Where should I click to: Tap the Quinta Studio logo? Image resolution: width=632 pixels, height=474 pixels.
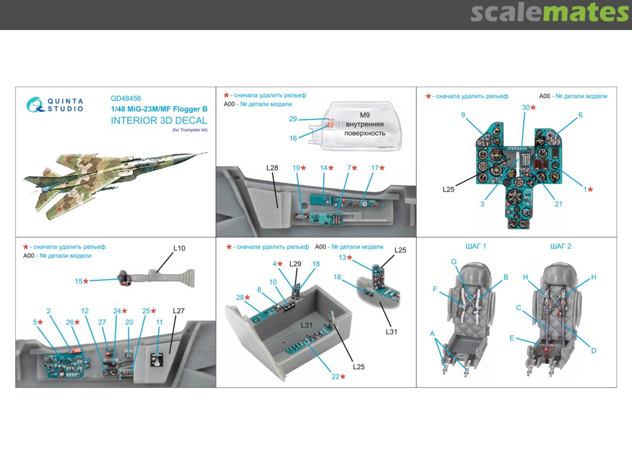(56, 105)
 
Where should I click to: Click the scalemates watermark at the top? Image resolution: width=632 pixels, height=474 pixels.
(549, 13)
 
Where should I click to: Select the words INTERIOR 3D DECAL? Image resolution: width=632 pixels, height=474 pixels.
(159, 121)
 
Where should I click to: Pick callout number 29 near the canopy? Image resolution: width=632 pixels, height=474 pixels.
(293, 119)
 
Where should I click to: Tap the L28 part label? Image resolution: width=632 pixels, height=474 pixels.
(272, 168)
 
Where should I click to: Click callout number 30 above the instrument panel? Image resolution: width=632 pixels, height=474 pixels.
(525, 108)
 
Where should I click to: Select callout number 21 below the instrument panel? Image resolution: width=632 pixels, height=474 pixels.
(558, 204)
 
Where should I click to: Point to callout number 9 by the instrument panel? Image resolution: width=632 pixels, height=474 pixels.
(463, 115)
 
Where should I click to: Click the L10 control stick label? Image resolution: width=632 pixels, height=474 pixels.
(179, 248)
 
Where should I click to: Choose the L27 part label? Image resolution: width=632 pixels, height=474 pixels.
(178, 311)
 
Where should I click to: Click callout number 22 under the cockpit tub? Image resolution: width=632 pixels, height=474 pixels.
(335, 377)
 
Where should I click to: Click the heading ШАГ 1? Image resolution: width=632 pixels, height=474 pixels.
(476, 246)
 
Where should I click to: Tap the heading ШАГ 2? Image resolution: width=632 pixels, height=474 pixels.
(561, 246)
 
